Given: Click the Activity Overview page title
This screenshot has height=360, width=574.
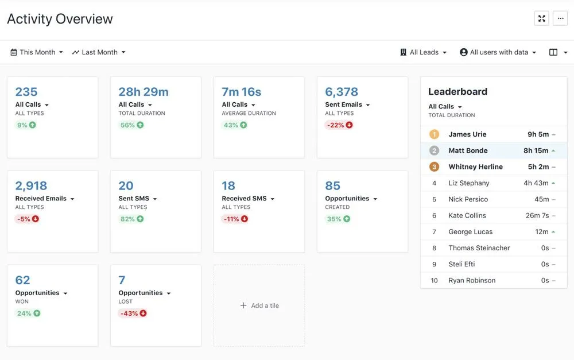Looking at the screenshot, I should point(60,19).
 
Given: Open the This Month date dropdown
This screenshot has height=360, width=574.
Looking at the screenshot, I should point(37,52).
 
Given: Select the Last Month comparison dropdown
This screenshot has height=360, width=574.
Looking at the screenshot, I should point(99,52).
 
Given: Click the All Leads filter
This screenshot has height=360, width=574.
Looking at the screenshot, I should point(424,52).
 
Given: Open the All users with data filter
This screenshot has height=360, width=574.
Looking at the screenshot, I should point(498,52).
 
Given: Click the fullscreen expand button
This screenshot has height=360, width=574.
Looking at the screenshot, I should point(541,18).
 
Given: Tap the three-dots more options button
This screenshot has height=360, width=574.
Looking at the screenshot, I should point(560,18).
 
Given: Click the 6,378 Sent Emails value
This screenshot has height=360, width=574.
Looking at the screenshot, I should point(342,92).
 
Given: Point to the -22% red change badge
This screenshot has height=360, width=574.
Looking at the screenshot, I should point(339,125).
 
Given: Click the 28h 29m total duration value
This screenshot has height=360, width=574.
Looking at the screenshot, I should point(143,92).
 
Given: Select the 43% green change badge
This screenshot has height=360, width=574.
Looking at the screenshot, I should point(234,125).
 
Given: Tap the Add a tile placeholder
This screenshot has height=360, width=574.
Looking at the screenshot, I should point(259,305).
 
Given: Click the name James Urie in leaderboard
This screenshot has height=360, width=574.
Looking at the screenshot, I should point(467,134).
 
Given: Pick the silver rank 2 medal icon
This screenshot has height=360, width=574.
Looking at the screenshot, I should point(434,150).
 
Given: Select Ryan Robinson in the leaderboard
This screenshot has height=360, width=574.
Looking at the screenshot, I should point(472,281).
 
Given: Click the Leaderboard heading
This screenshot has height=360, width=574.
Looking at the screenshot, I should point(457,92).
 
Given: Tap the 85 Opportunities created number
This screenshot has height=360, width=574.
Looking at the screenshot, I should point(332,186).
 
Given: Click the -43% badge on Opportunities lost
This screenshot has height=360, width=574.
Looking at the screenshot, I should point(133,313).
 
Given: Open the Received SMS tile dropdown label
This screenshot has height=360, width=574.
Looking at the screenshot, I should point(248,199).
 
